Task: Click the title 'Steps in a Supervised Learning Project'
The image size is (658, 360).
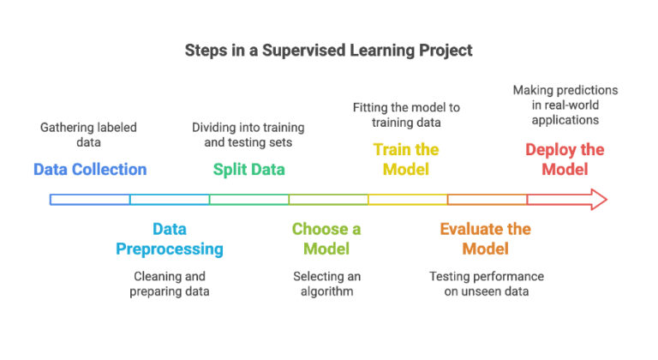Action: (328, 51)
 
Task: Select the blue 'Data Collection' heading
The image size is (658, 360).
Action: (90, 169)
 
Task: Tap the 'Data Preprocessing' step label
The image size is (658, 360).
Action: (170, 239)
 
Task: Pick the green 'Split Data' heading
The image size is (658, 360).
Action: (249, 169)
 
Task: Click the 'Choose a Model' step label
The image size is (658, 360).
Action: (326, 239)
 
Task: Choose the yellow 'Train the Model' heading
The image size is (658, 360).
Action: (406, 159)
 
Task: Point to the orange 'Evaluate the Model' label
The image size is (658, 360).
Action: (485, 239)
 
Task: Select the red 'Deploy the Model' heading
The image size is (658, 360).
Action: (565, 159)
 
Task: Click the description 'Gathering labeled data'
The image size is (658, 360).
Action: (88, 135)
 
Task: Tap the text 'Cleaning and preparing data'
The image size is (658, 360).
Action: (170, 284)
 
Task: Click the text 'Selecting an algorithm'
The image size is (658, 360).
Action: (326, 284)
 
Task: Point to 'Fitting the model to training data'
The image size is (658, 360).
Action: (406, 115)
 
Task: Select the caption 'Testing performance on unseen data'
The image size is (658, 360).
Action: (486, 284)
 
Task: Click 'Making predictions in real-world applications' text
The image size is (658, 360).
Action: (565, 105)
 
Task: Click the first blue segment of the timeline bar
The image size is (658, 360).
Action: (90, 200)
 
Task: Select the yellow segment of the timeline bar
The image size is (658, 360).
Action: (408, 200)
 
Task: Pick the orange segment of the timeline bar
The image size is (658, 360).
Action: (487, 200)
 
